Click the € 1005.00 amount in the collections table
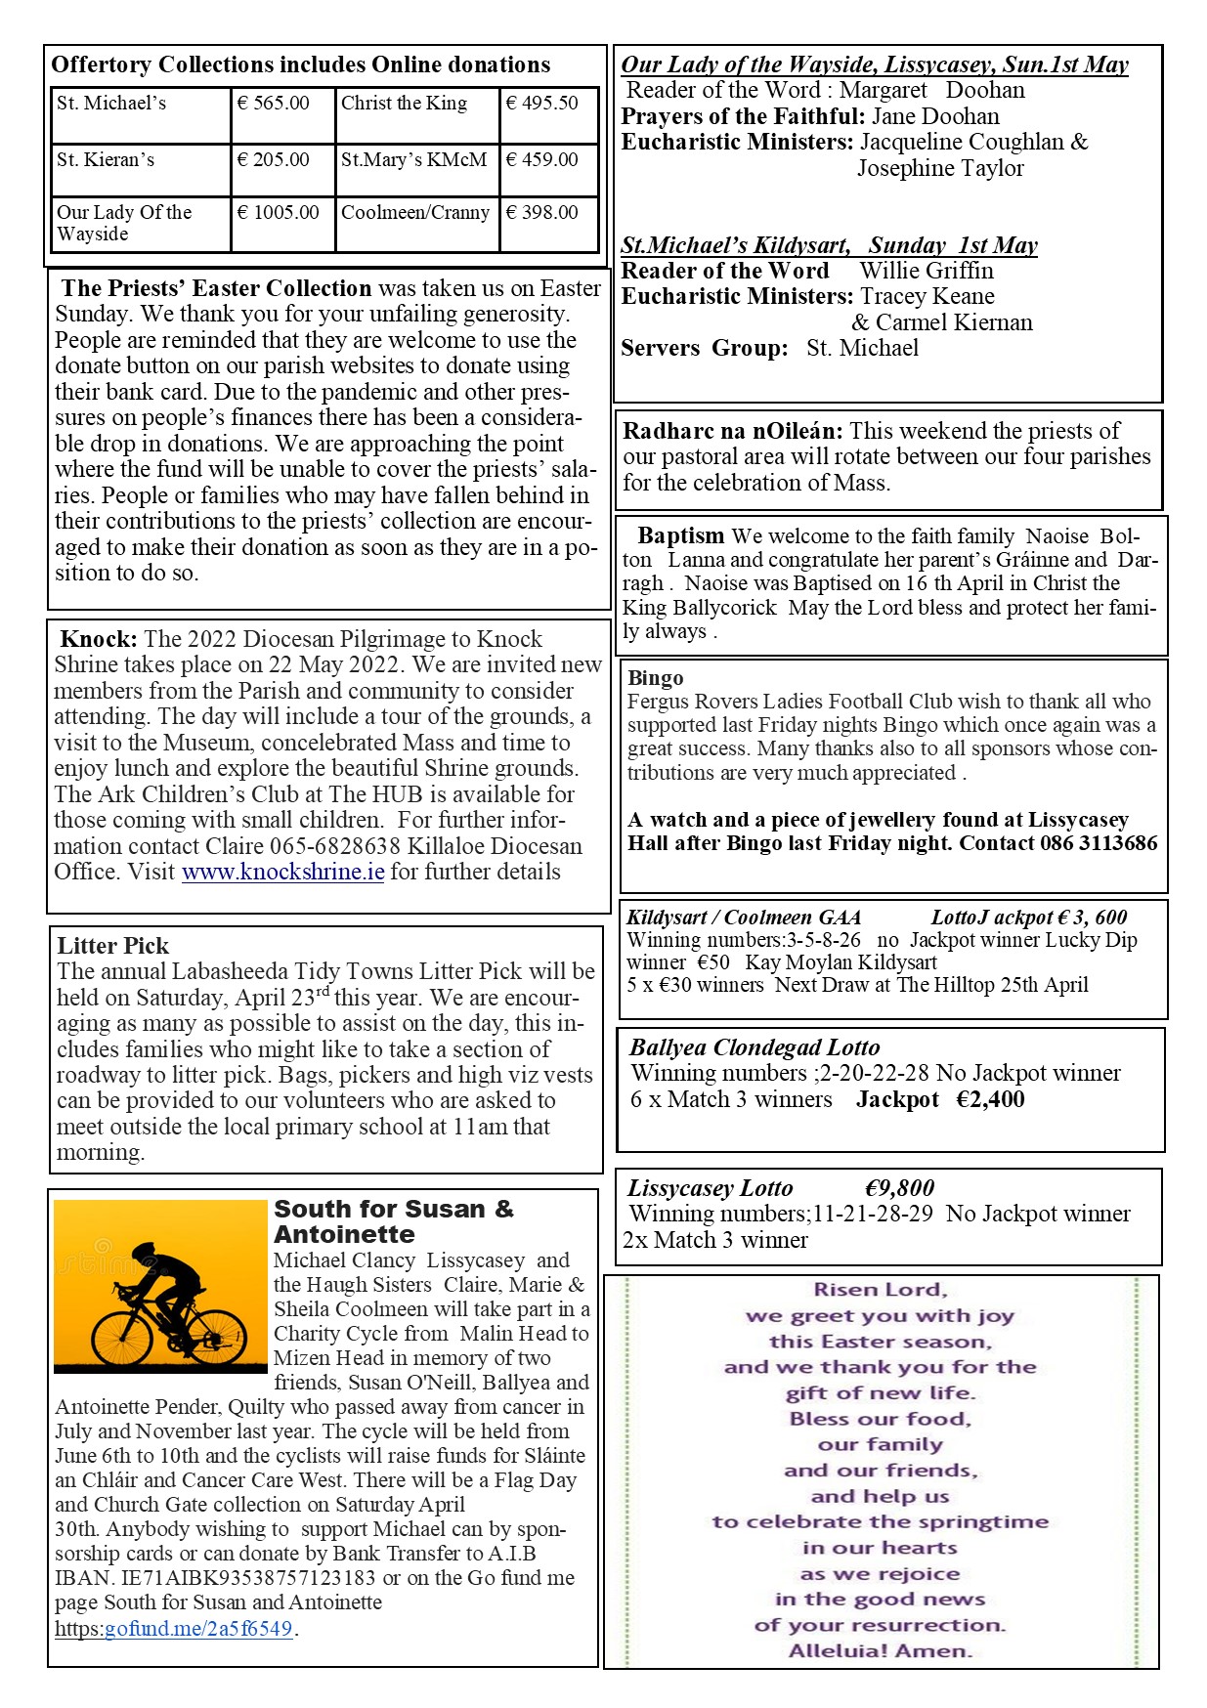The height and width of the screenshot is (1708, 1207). (x=278, y=213)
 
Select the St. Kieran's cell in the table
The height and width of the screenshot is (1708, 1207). (x=106, y=160)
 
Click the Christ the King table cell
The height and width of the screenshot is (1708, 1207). (x=404, y=104)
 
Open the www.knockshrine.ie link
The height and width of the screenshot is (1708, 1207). (x=282, y=872)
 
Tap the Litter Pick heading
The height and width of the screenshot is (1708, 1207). (x=112, y=946)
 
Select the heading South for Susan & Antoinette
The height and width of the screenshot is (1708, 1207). (x=393, y=1221)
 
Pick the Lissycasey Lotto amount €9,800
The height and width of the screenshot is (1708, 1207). (x=899, y=1188)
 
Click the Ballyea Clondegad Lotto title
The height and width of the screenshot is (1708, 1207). (x=754, y=1047)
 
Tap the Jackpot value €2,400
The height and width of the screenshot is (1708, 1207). (x=990, y=1100)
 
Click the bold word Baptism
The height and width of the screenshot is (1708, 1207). (x=681, y=535)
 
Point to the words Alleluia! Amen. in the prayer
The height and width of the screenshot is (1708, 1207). (x=881, y=1651)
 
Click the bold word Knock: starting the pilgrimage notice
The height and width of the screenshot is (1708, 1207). (x=99, y=639)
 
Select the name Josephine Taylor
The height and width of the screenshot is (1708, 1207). (x=940, y=168)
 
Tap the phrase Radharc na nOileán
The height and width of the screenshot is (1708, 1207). (x=732, y=431)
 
